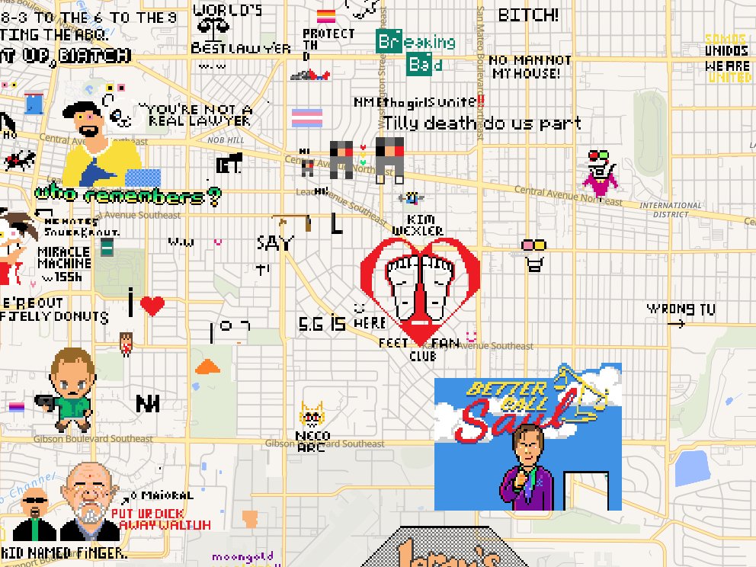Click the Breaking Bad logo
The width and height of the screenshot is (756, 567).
pos(415,53)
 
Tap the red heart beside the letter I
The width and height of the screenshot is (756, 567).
pos(152,306)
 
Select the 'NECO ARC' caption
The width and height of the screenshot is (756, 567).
pos(311,442)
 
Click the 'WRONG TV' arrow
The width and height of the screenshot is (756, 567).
pos(675,324)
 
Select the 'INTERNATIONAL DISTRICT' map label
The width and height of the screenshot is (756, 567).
pos(671,210)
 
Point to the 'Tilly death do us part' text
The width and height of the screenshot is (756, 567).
pos(482,123)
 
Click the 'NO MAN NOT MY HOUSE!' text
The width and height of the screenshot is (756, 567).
pos(530,67)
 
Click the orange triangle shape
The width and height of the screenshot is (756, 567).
pos(207,367)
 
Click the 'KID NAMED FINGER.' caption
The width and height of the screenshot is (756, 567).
pos(64,553)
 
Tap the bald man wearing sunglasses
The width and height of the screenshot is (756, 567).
pos(35,513)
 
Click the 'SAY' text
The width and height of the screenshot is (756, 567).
pos(274,243)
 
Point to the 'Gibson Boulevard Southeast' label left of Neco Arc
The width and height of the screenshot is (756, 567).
pos(93,438)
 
